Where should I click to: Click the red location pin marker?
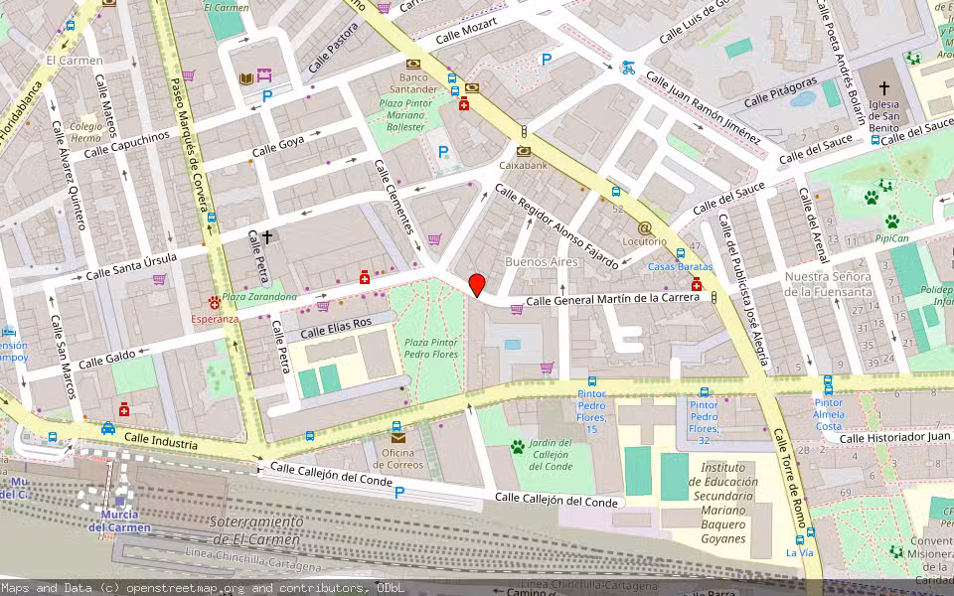pyautogui.click(x=477, y=285)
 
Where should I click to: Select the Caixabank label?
pyautogui.click(x=523, y=166)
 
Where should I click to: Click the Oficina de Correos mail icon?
pyautogui.click(x=397, y=436)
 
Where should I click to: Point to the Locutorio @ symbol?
pyautogui.click(x=645, y=227)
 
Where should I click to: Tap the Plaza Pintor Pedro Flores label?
pyautogui.click(x=430, y=348)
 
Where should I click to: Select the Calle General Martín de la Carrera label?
pyautogui.click(x=613, y=299)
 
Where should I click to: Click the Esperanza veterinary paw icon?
pyautogui.click(x=214, y=302)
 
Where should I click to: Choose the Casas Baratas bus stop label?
pyautogui.click(x=681, y=267)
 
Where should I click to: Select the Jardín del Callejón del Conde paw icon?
pyautogui.click(x=517, y=447)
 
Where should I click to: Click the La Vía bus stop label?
pyautogui.click(x=799, y=552)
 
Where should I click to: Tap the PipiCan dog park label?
pyautogui.click(x=892, y=238)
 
